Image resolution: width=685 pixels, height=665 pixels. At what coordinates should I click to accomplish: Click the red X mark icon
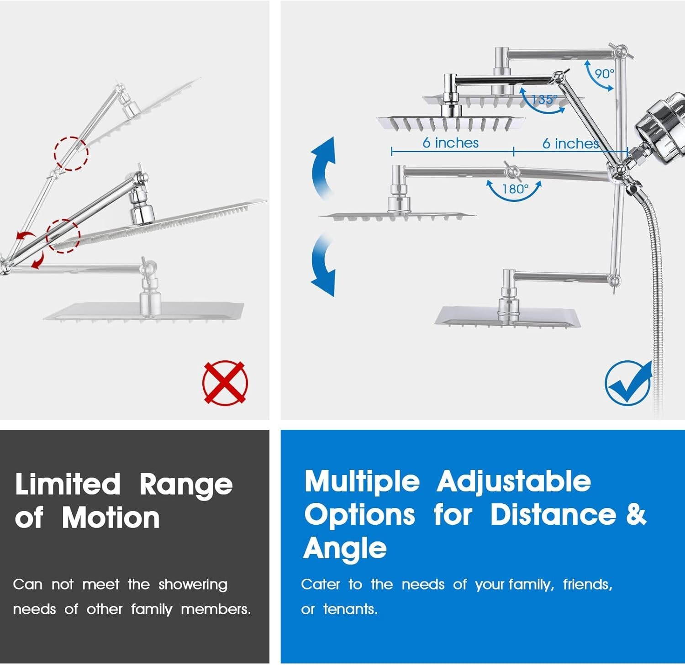tap(225, 383)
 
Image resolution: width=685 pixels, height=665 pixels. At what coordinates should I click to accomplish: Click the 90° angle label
tap(604, 74)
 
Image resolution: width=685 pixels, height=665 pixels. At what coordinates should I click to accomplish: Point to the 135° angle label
tap(544, 99)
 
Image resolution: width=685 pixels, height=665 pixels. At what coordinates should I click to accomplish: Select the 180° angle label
tap(515, 189)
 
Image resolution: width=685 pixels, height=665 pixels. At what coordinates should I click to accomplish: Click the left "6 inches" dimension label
tap(450, 143)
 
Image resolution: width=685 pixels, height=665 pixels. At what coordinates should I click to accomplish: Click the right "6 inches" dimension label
tap(570, 143)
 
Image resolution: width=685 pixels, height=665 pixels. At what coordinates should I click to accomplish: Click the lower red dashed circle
tap(63, 236)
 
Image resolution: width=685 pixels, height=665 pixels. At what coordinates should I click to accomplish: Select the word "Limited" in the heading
tap(68, 484)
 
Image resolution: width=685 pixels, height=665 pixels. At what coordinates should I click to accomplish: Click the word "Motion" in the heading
tap(111, 518)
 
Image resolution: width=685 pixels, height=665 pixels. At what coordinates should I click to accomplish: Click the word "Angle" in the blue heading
tap(345, 548)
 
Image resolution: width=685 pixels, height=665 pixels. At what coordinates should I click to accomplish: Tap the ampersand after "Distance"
tap(636, 514)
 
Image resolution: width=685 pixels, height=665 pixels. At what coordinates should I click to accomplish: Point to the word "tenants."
tap(350, 609)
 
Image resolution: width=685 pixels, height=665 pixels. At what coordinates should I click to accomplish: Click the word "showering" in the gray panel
tap(193, 585)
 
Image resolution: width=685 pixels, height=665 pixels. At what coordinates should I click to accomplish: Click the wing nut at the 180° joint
tap(510, 170)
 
